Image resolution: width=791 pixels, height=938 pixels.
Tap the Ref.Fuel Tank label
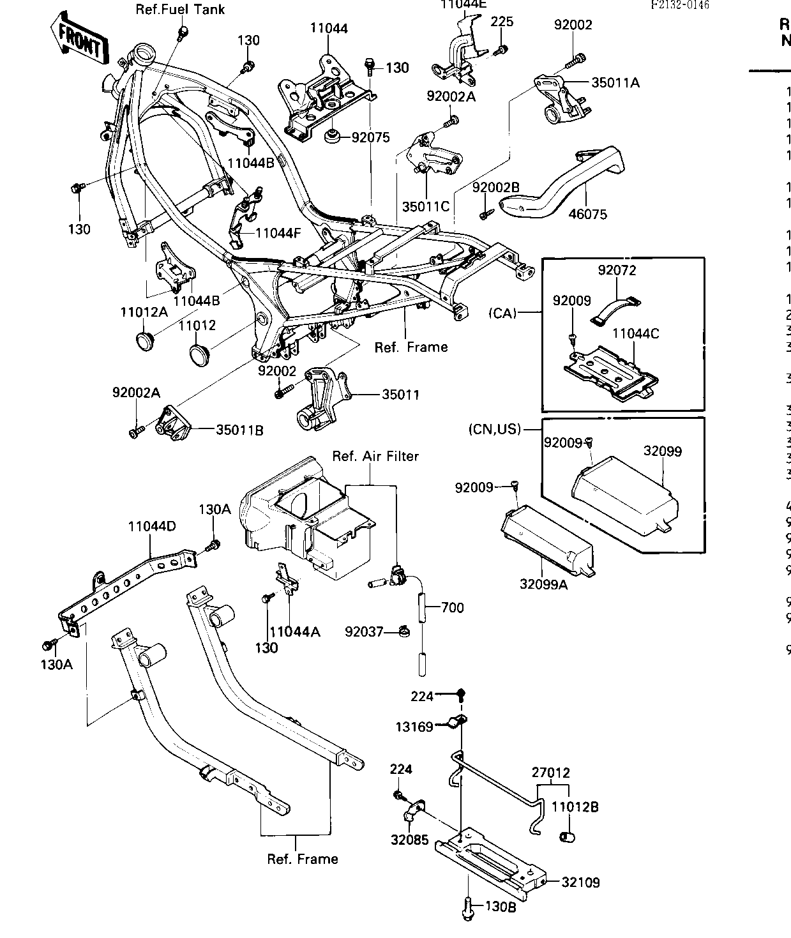pyautogui.click(x=180, y=10)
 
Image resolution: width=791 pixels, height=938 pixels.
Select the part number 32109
pyautogui.click(x=581, y=882)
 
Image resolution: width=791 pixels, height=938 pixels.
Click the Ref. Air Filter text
pyautogui.click(x=375, y=456)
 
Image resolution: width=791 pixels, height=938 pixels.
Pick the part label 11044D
pyautogui.click(x=152, y=527)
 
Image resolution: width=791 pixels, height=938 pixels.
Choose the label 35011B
pyautogui.click(x=239, y=430)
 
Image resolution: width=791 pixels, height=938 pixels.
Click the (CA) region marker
pyautogui.click(x=503, y=313)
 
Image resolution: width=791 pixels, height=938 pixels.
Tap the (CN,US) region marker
pyautogui.click(x=495, y=430)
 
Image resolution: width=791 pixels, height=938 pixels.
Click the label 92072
pyautogui.click(x=617, y=270)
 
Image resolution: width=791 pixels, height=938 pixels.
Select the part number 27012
pyautogui.click(x=550, y=773)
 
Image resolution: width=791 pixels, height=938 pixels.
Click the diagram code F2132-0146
pyautogui.click(x=680, y=4)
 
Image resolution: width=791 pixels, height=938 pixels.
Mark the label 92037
pyautogui.click(x=364, y=632)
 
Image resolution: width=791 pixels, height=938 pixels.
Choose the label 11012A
pyautogui.click(x=144, y=312)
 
